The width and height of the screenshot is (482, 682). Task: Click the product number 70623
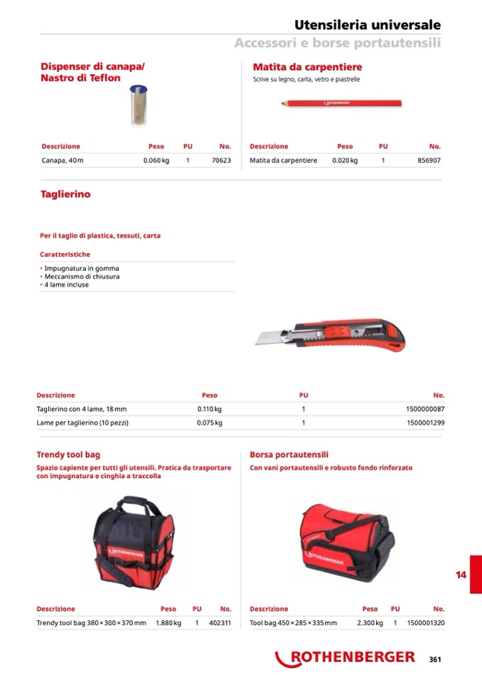[x=221, y=161]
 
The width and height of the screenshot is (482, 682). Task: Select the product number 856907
[x=429, y=161]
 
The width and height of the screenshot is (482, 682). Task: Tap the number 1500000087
[x=425, y=409]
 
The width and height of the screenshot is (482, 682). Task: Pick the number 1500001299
[x=425, y=422]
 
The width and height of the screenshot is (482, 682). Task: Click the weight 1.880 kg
[x=168, y=623]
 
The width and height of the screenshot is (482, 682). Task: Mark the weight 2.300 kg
[x=370, y=623]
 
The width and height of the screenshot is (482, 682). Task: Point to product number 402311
[x=220, y=623]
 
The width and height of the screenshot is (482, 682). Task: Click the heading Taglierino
[x=65, y=194]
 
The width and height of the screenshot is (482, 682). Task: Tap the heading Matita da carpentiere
[x=307, y=67]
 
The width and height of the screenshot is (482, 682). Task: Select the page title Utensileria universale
[x=367, y=25]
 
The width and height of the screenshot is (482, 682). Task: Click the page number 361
[x=435, y=659]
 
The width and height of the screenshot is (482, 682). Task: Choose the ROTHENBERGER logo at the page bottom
[x=346, y=658]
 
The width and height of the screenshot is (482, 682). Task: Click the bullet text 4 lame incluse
[x=66, y=284]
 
